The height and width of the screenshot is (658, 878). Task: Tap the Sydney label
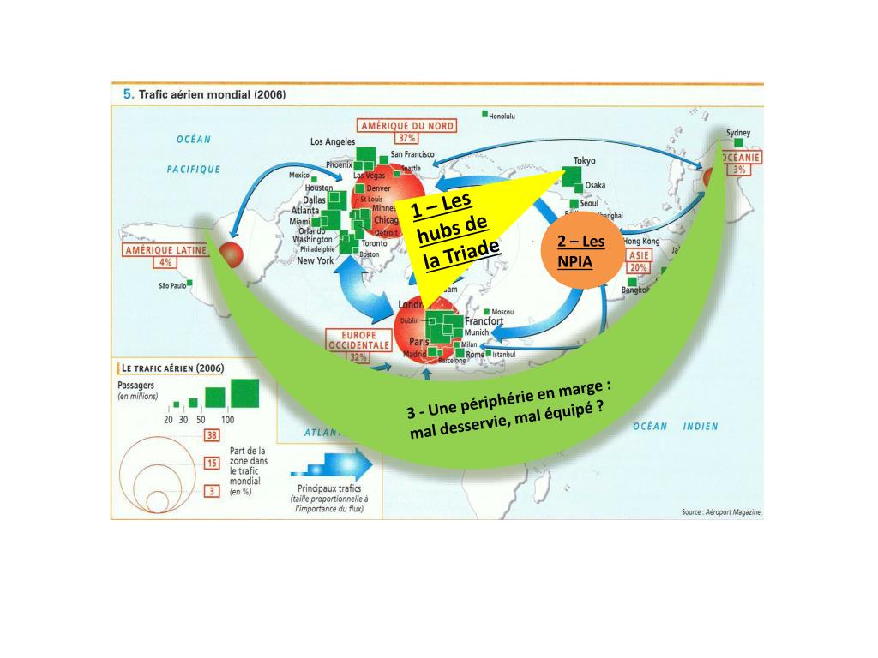pyautogui.click(x=737, y=133)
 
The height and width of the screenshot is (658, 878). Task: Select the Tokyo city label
pyautogui.click(x=584, y=160)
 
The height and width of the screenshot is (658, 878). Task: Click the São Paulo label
pyautogui.click(x=171, y=284)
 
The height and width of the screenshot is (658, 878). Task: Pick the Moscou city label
pyautogui.click(x=502, y=311)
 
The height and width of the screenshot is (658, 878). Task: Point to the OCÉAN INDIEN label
pyautogui.click(x=676, y=426)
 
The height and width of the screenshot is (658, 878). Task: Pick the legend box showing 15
pyautogui.click(x=210, y=463)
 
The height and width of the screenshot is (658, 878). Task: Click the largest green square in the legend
pyautogui.click(x=244, y=394)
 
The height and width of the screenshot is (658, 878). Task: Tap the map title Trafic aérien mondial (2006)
pyautogui.click(x=206, y=94)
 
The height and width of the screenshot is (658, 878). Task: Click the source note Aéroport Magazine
pyautogui.click(x=721, y=512)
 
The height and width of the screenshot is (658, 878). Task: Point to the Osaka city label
pyautogui.click(x=595, y=185)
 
